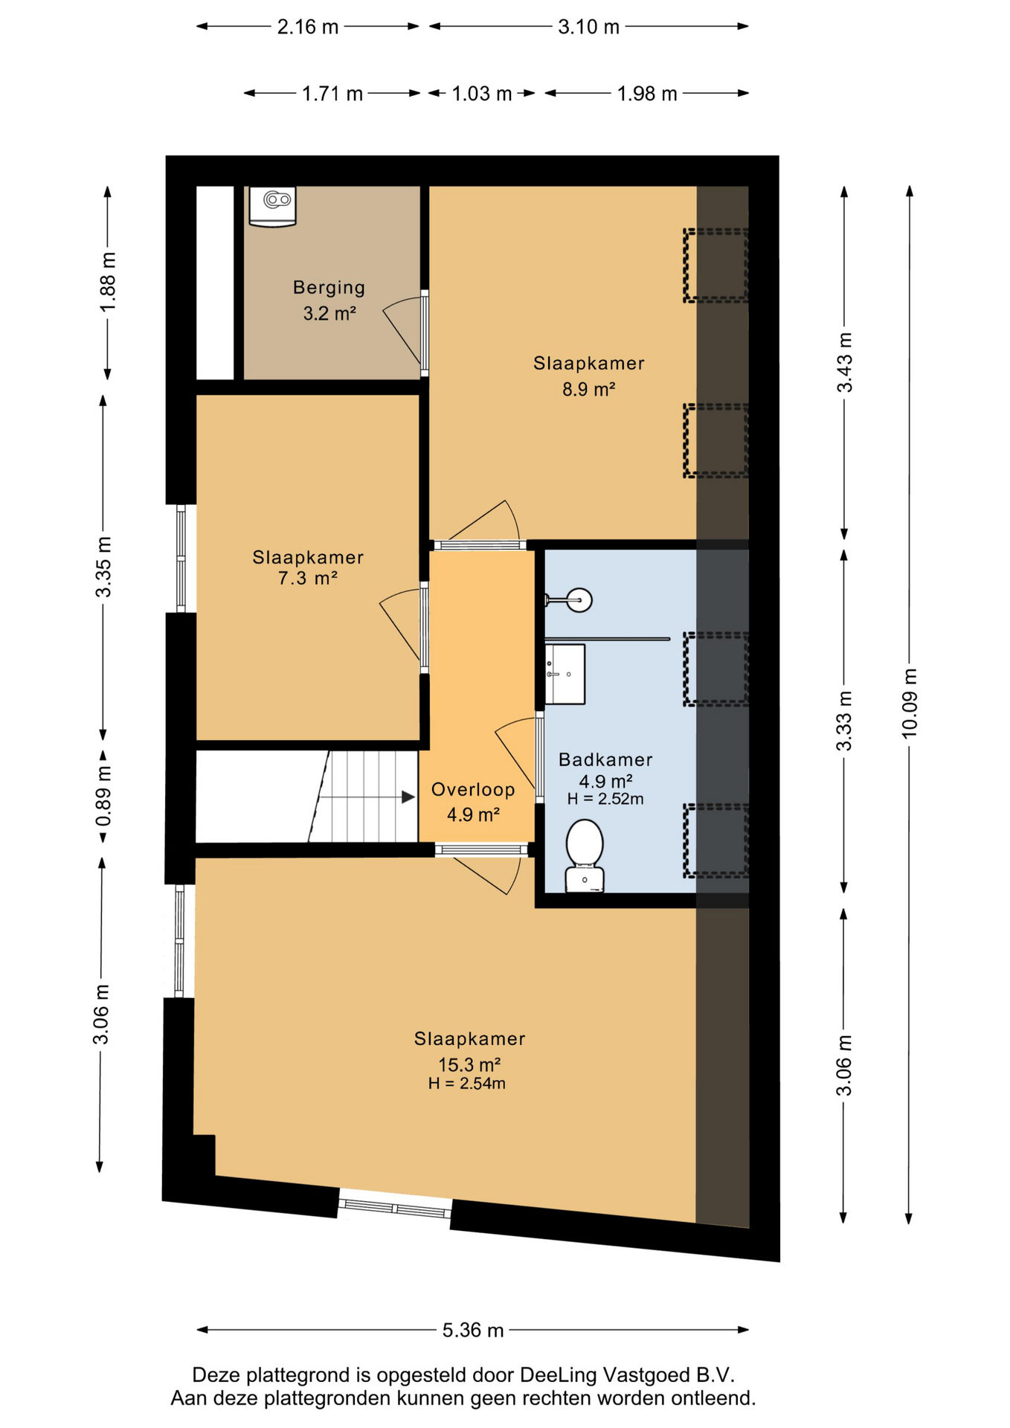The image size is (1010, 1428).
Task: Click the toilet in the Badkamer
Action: pyautogui.click(x=585, y=855)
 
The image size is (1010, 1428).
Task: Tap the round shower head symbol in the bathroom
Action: pyautogui.click(x=579, y=599)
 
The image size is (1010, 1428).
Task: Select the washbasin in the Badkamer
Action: pyautogui.click(x=565, y=674)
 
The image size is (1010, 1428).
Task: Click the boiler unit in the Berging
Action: pyautogui.click(x=272, y=206)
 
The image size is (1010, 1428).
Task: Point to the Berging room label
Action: pyautogui.click(x=329, y=287)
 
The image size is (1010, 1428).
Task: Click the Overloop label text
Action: pyautogui.click(x=473, y=789)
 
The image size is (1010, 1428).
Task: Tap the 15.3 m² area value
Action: pyautogui.click(x=469, y=1064)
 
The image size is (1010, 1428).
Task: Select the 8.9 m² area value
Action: pyautogui.click(x=588, y=389)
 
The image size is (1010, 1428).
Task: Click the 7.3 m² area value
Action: pyautogui.click(x=308, y=578)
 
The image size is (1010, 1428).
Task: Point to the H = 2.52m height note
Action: pyautogui.click(x=605, y=800)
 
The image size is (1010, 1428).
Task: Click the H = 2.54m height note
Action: pyautogui.click(x=466, y=1084)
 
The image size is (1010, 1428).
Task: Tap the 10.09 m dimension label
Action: pyautogui.click(x=910, y=703)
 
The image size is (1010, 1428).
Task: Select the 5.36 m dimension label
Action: pyautogui.click(x=473, y=1330)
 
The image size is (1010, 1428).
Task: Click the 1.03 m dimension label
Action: pyautogui.click(x=482, y=94)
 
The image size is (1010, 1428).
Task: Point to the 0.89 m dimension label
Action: pyautogui.click(x=103, y=796)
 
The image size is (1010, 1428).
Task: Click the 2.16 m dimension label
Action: pyautogui.click(x=308, y=27)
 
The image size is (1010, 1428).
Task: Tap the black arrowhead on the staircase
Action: pyautogui.click(x=408, y=797)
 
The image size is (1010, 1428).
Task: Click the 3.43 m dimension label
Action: pyautogui.click(x=844, y=362)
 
